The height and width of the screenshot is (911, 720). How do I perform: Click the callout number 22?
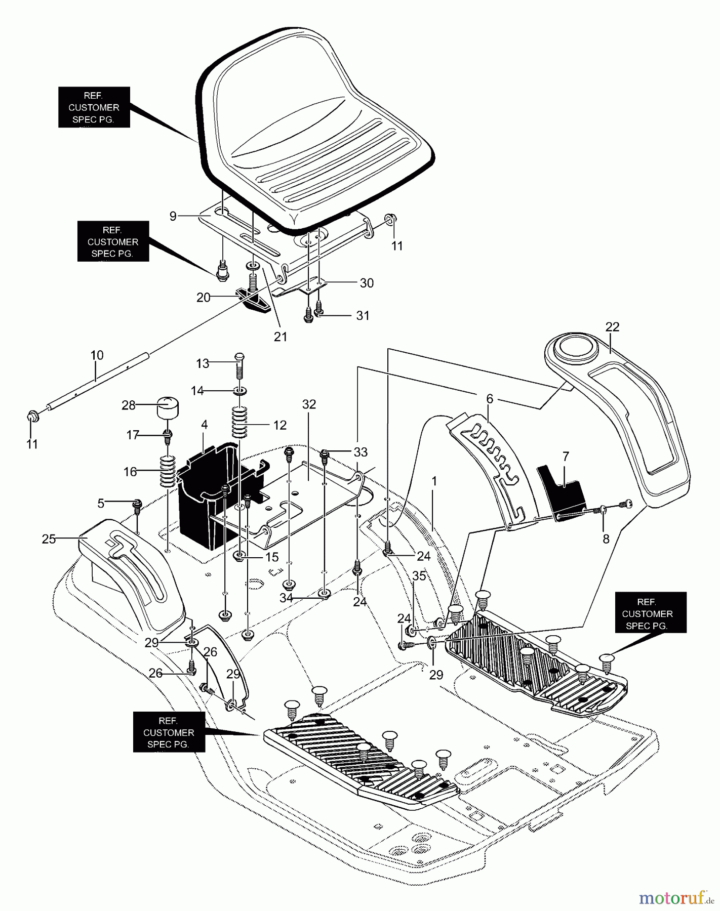coord(612,327)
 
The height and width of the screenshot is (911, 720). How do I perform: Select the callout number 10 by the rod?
coord(97,355)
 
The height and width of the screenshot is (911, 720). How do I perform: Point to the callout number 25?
coord(49,539)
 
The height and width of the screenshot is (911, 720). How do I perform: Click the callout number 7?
coord(566,457)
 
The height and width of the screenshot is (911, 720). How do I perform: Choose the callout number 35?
coord(419,575)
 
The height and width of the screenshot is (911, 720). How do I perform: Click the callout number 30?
coord(367,283)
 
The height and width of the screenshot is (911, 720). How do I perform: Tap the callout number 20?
coord(203,298)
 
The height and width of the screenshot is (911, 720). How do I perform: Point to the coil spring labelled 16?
coord(168,471)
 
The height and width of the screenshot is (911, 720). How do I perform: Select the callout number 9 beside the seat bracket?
coord(173,217)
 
